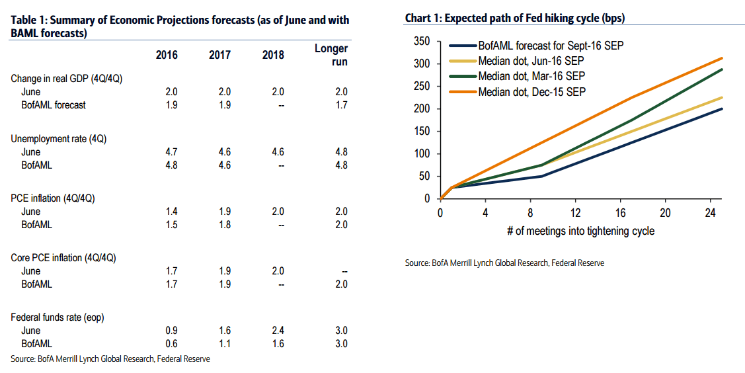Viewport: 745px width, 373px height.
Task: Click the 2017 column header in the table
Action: (219, 55)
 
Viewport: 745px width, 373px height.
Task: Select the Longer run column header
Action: (331, 55)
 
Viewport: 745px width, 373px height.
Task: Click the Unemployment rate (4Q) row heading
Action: (58, 139)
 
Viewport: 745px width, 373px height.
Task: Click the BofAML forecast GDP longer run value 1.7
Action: (340, 104)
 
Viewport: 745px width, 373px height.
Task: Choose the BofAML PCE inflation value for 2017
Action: (224, 224)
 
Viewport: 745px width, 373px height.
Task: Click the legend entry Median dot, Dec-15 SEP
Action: (531, 91)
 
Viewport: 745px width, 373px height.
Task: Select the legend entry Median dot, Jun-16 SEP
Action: (531, 61)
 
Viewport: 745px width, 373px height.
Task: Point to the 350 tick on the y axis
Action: (421, 42)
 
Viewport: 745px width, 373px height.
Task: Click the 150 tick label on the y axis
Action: (421, 131)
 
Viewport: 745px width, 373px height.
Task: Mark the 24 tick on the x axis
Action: (710, 212)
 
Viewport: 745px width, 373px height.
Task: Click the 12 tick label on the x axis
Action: (575, 212)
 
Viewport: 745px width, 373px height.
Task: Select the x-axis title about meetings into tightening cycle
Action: (580, 231)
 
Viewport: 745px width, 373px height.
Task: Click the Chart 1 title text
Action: (515, 19)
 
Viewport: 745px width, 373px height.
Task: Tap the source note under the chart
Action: (504, 263)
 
